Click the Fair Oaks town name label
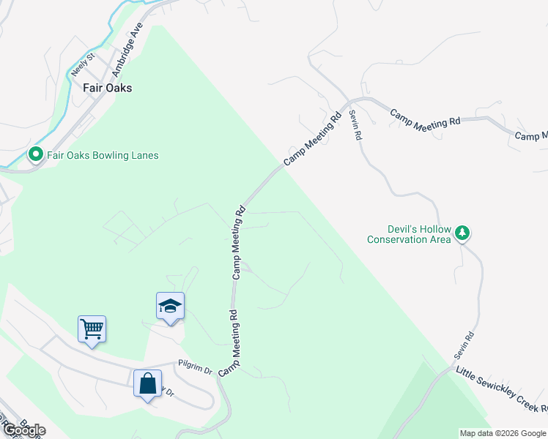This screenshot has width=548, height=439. (102, 87)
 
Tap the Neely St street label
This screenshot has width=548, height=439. (82, 64)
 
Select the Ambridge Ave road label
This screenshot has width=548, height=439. (126, 49)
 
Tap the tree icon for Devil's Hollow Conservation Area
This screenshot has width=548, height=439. (462, 233)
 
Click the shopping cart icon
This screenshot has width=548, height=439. (92, 329)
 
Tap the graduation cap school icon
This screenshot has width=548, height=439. (170, 305)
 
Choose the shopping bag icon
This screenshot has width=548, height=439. (147, 382)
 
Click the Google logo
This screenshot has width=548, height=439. (23, 429)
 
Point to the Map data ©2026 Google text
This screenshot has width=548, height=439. (503, 433)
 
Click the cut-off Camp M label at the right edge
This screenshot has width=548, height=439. (531, 136)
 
